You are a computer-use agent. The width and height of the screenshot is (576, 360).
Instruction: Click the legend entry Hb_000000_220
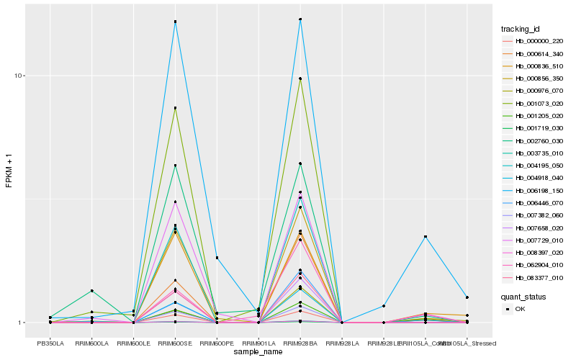[x=534, y=41]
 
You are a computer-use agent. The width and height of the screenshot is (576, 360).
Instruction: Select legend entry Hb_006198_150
[x=534, y=191]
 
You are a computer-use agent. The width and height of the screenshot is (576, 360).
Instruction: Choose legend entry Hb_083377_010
[x=534, y=278]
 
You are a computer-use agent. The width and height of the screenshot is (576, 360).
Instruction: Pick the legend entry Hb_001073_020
[x=534, y=104]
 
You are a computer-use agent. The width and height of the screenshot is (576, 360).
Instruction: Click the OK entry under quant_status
[x=520, y=309]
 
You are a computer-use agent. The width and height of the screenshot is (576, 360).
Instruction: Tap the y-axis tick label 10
[x=20, y=76]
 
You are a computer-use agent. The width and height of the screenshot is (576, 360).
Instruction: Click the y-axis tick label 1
[x=22, y=323]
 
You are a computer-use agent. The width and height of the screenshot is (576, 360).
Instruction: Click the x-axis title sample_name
[x=258, y=352]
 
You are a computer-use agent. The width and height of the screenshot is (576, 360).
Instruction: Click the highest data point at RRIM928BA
[x=300, y=19]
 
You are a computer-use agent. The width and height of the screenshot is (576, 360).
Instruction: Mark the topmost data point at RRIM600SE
[x=175, y=22]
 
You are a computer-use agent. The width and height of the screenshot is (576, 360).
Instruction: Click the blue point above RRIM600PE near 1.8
[x=217, y=258]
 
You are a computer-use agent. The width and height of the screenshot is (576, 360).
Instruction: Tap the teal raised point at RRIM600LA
[x=92, y=291]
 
